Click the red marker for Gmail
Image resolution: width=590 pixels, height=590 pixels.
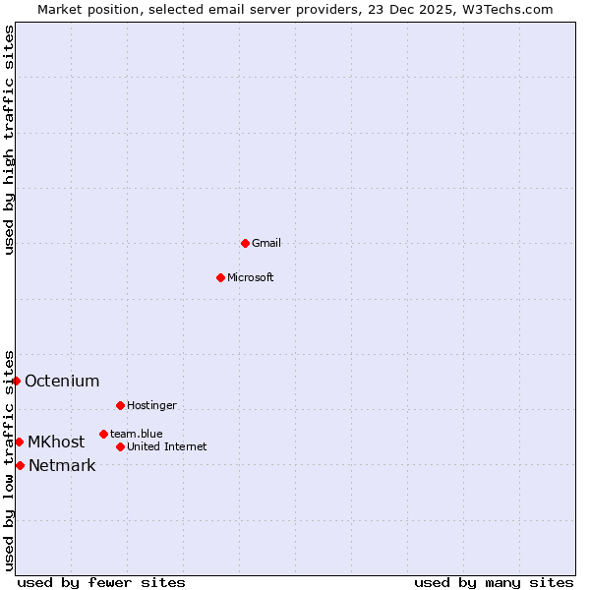pyautogui.click(x=245, y=243)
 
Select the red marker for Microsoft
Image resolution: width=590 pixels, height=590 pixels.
pyautogui.click(x=220, y=277)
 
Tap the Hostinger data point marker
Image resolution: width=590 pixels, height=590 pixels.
pyautogui.click(x=120, y=405)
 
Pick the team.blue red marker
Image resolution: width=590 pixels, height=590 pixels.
pyautogui.click(x=103, y=434)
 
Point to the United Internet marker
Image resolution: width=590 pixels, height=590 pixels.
pyautogui.click(x=120, y=446)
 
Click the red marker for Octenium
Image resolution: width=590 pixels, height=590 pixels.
pyautogui.click(x=16, y=381)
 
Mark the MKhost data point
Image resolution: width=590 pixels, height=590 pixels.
pyautogui.click(x=19, y=442)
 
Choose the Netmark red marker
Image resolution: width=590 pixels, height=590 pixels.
pyautogui.click(x=20, y=465)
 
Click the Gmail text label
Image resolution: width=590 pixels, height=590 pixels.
pyautogui.click(x=266, y=243)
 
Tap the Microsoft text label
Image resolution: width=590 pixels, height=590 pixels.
pyautogui.click(x=250, y=277)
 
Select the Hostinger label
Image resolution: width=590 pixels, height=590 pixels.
pyautogui.click(x=151, y=405)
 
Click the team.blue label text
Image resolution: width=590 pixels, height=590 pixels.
pyautogui.click(x=136, y=434)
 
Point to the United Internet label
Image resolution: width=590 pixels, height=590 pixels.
pyautogui.click(x=166, y=446)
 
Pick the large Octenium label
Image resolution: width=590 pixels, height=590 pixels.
pyautogui.click(x=62, y=381)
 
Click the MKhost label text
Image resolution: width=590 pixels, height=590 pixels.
pyautogui.click(x=56, y=442)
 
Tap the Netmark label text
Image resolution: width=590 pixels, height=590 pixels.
pyautogui.click(x=62, y=465)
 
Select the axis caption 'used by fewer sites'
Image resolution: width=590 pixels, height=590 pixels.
pyautogui.click(x=101, y=582)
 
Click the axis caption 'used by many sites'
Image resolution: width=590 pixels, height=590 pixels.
pyautogui.click(x=494, y=582)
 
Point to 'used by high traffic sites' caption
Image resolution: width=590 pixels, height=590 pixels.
pyautogui.click(x=9, y=140)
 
